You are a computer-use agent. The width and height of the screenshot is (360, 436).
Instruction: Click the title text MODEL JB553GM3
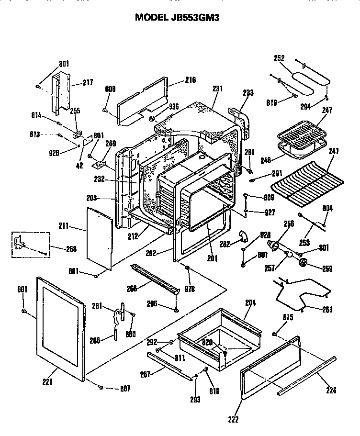click(x=180, y=18)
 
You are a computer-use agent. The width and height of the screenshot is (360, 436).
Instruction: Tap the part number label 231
click(x=218, y=88)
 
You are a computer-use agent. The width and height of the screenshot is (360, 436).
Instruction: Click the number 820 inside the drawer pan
click(x=206, y=343)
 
